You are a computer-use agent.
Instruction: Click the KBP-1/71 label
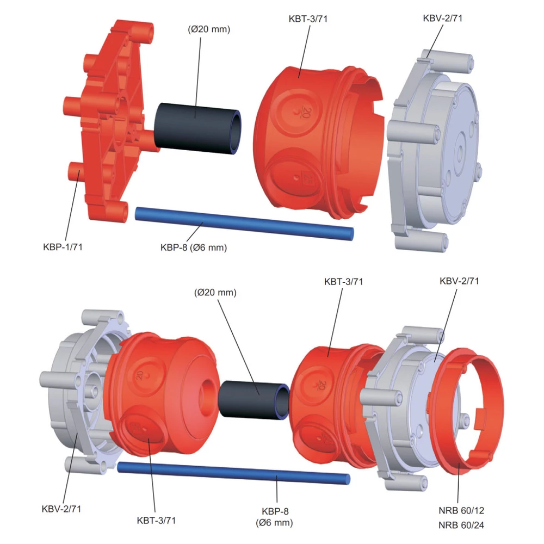[x=63, y=247]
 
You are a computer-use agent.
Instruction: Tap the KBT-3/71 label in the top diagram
[x=308, y=18]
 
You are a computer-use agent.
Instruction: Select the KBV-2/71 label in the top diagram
[x=443, y=18]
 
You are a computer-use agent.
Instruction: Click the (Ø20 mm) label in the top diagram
[x=209, y=29]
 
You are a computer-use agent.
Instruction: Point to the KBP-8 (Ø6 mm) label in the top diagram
[x=194, y=248]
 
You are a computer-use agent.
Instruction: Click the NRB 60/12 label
[x=461, y=511]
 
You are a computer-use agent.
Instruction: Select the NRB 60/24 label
[x=461, y=526]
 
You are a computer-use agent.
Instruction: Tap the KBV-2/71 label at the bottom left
[x=61, y=509]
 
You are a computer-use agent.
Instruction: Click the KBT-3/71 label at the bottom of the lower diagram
[x=157, y=521]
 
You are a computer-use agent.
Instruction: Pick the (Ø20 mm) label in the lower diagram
[x=215, y=293]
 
